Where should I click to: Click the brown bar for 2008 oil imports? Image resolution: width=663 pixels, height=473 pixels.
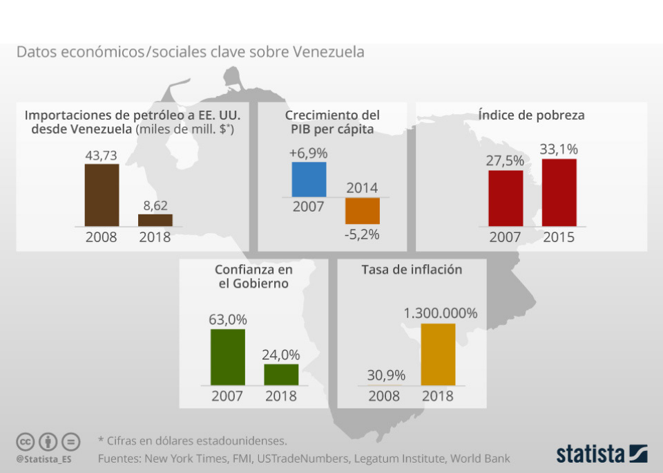(102, 194)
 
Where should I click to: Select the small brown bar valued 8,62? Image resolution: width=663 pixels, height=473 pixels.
(155, 220)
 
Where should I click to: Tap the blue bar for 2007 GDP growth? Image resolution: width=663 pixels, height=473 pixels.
(309, 180)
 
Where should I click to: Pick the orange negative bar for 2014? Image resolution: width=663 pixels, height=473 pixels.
(363, 210)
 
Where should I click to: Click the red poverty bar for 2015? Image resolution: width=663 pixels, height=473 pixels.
(559, 192)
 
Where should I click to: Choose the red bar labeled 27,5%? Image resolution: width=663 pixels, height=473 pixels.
(506, 198)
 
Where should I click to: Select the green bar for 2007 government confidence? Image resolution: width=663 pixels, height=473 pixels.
(228, 357)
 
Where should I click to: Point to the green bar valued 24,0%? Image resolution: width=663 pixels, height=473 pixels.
(281, 374)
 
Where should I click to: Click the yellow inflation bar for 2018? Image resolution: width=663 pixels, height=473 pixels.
(439, 354)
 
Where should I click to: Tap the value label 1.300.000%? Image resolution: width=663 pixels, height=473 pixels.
(441, 313)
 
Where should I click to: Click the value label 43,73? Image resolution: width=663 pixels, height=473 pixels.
(102, 156)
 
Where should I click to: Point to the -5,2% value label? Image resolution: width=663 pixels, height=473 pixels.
(363, 234)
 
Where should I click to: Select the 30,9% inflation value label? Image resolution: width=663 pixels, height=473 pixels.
(386, 375)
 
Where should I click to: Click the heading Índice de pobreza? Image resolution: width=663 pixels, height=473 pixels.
(531, 115)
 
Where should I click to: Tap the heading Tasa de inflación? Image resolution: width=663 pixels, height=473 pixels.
(412, 270)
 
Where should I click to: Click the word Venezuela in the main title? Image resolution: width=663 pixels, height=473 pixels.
(328, 53)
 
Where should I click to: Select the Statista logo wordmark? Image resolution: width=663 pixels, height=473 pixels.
(591, 454)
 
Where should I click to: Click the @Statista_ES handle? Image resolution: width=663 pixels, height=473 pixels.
(44, 458)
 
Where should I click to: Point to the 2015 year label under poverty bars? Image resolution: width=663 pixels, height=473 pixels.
(559, 238)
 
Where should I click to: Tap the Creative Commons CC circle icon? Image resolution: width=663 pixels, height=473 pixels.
(25, 441)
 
